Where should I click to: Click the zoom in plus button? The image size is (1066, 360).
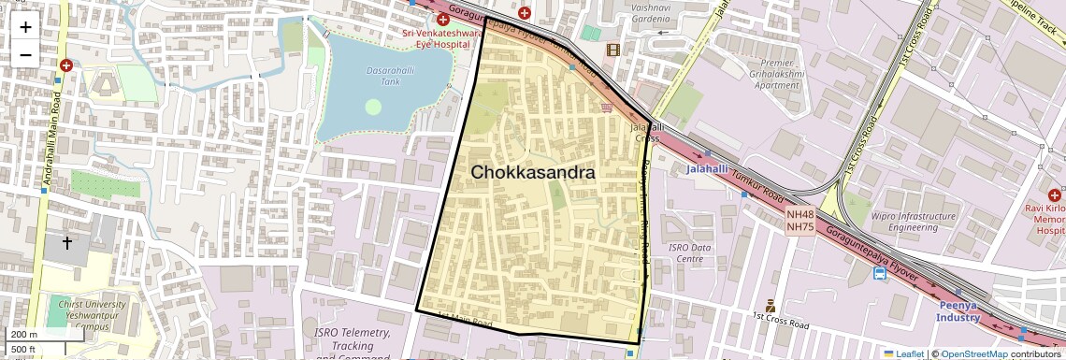(25, 26)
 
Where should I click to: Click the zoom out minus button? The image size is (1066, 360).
(25, 54)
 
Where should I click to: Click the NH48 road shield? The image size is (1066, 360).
(799, 213)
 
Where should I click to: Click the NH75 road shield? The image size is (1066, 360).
(799, 226)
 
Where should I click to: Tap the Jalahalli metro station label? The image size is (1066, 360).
(687, 170)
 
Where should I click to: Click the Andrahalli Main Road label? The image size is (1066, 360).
(44, 140)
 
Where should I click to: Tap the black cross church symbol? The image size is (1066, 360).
(67, 243)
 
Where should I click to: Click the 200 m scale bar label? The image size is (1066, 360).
(24, 335)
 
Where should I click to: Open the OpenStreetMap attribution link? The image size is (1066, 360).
(973, 353)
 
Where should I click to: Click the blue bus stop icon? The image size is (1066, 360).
(880, 274)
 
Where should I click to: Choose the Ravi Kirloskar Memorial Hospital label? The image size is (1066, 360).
(1044, 217)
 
